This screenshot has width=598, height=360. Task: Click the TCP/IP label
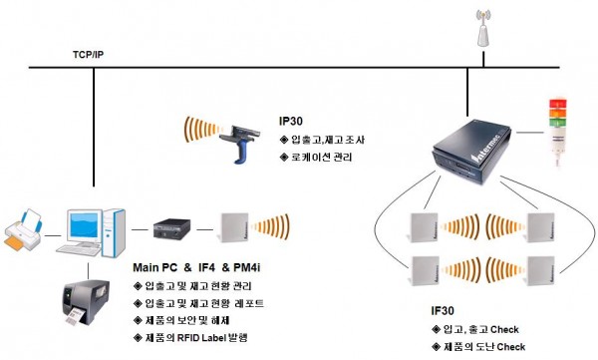click(88, 55)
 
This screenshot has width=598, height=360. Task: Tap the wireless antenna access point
click(483, 29)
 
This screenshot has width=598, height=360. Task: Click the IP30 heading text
click(291, 121)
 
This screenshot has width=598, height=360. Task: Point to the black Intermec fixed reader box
click(472, 152)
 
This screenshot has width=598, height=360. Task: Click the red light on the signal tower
click(557, 104)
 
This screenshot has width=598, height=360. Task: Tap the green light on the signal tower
click(557, 123)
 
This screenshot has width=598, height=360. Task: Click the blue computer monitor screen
click(84, 225)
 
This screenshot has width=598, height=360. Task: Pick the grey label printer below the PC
click(86, 302)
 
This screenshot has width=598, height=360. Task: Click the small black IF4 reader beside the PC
click(171, 228)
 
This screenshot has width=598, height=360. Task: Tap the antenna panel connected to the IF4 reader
click(234, 227)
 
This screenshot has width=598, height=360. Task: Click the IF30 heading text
click(443, 311)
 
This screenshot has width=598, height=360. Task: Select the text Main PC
click(155, 267)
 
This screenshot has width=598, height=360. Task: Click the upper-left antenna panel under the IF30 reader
click(424, 227)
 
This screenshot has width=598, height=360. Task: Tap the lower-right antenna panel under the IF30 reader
click(541, 271)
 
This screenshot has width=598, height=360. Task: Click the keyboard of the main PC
click(78, 250)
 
